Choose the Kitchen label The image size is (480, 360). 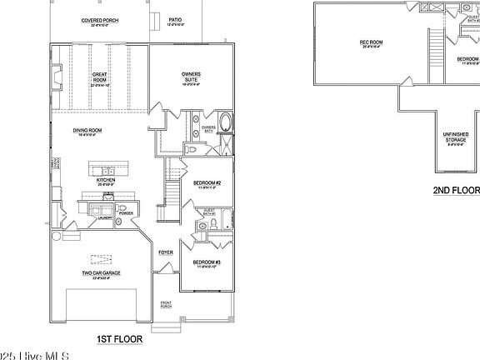tap(105, 179)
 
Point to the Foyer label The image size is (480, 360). tap(166, 251)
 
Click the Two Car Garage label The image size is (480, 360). tap(97, 274)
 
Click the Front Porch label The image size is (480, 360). tap(166, 306)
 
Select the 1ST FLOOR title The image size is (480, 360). tap(119, 339)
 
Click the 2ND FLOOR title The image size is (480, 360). tap(456, 191)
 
